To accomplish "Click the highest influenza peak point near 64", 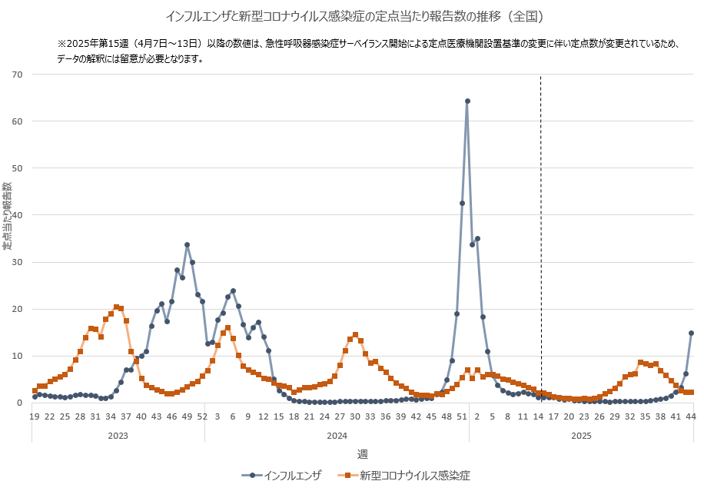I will (467, 101).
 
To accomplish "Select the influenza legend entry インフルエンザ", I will (286, 476).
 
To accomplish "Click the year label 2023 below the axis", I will (118, 435).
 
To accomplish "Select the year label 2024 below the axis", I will (337, 435).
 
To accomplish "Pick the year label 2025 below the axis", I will (580, 435).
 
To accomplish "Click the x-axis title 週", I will (361, 454).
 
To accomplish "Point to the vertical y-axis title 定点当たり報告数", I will (7, 216).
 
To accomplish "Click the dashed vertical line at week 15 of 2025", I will (541, 231).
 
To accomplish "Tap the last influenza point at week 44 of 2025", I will (691, 333).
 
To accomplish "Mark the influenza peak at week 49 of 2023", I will (187, 245).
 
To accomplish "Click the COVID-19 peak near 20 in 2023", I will (116, 307).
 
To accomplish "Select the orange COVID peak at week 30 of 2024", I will (355, 335).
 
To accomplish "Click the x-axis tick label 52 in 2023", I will (202, 416).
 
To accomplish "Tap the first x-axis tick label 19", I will (35, 416).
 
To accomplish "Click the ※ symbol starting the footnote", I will (62, 45).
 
